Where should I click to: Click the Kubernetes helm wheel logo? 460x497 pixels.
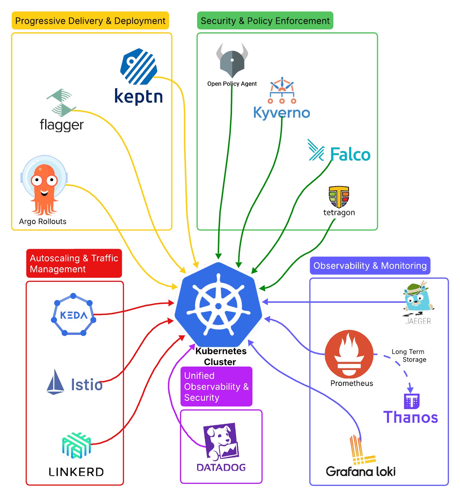pos(218,305)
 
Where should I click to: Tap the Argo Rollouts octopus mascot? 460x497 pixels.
pos(44,186)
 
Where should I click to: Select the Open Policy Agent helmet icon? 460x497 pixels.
pos(232,61)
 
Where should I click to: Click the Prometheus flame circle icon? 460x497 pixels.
pos(349,354)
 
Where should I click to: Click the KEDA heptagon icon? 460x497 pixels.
pos(73,315)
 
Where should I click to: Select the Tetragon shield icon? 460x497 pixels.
pos(339,197)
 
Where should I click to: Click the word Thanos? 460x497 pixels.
pos(410,417)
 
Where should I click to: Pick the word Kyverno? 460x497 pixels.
pos(281,112)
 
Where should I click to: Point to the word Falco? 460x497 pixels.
pos(350,154)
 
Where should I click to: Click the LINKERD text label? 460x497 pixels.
pos(76,472)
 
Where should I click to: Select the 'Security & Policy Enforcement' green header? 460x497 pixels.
pos(265,21)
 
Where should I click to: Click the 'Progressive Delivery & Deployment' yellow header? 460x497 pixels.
pos(90,21)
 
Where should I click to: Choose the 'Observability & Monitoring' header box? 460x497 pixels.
pos(370,266)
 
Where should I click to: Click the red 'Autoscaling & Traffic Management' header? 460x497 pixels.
pos(74,263)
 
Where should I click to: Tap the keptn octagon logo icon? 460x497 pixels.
pos(139,66)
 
